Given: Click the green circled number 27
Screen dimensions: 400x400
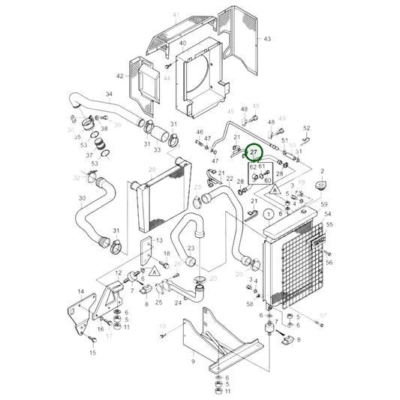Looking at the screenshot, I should pyautogui.click(x=254, y=152).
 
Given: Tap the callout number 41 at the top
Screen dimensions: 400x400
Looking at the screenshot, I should pyautogui.click(x=176, y=15).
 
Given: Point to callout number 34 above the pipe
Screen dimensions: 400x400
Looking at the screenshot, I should pyautogui.click(x=109, y=95).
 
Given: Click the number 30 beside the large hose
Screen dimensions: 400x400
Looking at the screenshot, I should pyautogui.click(x=82, y=199).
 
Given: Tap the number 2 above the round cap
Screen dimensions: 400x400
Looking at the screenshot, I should pyautogui.click(x=322, y=172).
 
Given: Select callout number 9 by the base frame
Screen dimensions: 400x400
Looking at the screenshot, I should pyautogui.click(x=192, y=362).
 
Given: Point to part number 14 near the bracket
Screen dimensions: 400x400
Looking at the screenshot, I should pyautogui.click(x=81, y=291).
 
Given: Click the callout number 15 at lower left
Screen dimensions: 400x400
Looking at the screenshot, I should pyautogui.click(x=93, y=353).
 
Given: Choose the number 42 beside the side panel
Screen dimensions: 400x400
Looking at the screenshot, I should pyautogui.click(x=119, y=77).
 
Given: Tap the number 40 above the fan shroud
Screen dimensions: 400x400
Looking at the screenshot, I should pyautogui.click(x=182, y=44).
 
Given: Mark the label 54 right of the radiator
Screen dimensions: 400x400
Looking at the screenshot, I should pyautogui.click(x=328, y=214).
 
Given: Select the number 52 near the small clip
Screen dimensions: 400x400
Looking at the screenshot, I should pyautogui.click(x=307, y=128).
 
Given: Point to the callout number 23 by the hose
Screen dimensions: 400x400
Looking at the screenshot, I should pyautogui.click(x=191, y=248).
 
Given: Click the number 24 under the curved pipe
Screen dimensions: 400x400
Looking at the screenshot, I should pyautogui.click(x=178, y=303).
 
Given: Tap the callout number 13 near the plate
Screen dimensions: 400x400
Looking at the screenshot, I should pyautogui.click(x=159, y=240).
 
